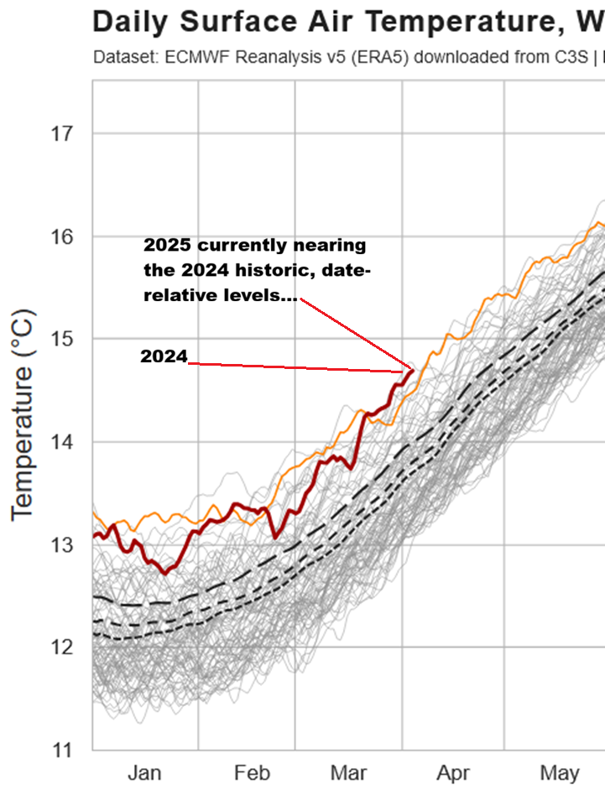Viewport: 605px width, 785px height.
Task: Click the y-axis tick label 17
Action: point(62,133)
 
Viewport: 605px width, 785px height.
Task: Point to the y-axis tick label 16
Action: point(62,237)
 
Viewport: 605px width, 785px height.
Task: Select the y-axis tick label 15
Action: point(62,339)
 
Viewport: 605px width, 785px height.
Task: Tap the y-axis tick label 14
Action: point(62,442)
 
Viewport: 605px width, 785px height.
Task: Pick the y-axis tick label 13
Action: point(62,545)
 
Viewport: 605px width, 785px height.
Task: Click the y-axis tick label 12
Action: point(62,647)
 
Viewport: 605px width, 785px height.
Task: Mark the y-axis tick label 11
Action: point(62,750)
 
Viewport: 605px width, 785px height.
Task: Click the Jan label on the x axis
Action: point(145,773)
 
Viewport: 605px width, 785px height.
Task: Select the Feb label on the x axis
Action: point(251,773)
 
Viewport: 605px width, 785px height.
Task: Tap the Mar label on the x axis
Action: point(349,773)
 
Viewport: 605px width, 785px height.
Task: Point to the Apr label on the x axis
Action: point(453,773)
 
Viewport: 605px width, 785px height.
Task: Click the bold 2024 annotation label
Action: point(163,356)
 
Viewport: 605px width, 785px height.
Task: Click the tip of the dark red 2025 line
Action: point(411,371)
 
